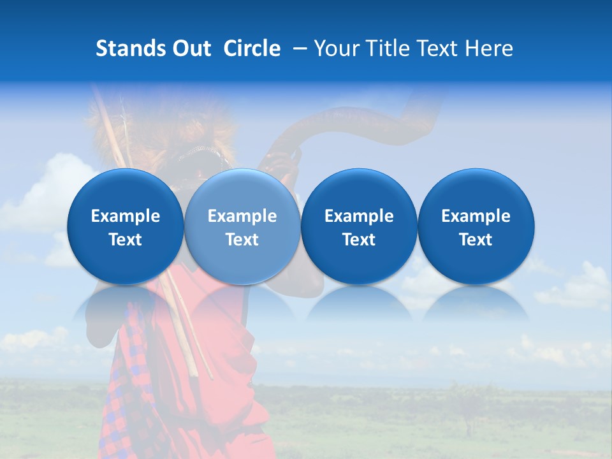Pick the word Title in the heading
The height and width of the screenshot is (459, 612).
[x=385, y=48]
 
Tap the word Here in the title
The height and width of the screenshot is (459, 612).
[x=490, y=48]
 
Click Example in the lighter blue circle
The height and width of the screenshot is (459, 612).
[x=242, y=216]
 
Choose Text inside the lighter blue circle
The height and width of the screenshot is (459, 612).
[x=242, y=240]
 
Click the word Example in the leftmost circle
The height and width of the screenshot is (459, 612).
[x=126, y=216]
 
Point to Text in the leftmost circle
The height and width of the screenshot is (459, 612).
[x=126, y=240]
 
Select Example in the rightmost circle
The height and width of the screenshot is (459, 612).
[x=476, y=216]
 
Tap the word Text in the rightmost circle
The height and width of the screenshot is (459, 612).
[x=476, y=240]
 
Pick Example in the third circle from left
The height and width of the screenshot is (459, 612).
[x=359, y=216]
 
